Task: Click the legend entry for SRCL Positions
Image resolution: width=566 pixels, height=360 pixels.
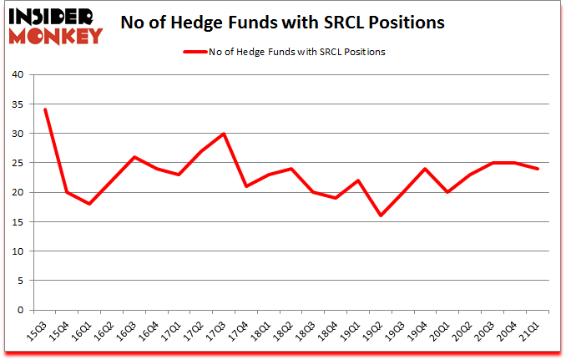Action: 284,52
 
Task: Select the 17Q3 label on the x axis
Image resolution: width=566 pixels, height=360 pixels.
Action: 218,329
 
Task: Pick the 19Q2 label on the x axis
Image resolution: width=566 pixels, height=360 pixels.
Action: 375,329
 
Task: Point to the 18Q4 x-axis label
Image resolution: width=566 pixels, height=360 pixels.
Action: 330,329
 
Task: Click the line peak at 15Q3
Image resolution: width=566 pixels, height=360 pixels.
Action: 44,109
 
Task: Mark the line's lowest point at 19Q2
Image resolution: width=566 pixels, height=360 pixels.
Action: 381,215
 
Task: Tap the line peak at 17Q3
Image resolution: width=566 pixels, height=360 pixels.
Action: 224,134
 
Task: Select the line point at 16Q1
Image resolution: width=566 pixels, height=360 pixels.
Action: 89,204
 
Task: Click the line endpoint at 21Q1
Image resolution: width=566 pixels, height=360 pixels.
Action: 538,169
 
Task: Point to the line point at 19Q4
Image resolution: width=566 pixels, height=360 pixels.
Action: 425,169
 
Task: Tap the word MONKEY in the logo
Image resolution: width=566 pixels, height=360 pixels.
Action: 58,34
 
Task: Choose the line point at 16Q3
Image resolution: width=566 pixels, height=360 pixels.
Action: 134,157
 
